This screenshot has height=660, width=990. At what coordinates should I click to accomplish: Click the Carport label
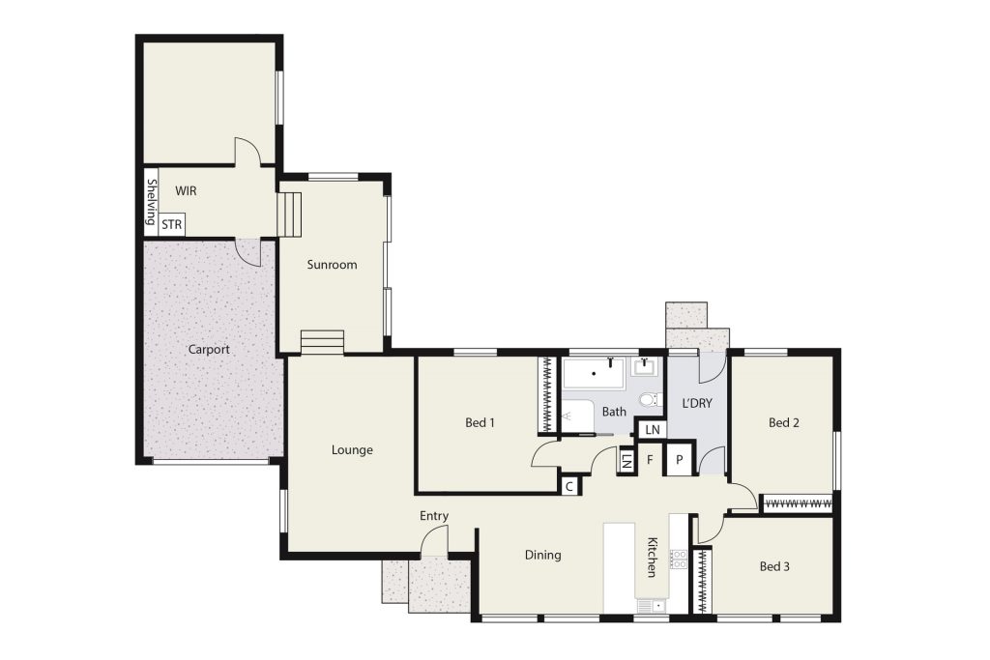point(209,350)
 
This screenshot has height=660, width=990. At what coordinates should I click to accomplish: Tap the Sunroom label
point(333,265)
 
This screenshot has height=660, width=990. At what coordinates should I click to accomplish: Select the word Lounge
point(352,450)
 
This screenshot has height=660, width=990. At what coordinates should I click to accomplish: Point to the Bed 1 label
point(480,422)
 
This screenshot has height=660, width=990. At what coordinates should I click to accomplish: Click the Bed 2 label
point(784,422)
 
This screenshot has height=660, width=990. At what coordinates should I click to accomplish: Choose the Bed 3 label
point(774,566)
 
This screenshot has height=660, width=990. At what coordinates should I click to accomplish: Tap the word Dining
point(543,556)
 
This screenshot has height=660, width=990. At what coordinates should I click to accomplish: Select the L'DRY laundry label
point(697,404)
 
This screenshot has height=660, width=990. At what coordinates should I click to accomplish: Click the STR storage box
point(172,224)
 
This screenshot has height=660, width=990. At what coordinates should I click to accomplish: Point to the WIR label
point(186,191)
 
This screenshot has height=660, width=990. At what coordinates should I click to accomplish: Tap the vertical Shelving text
point(152,202)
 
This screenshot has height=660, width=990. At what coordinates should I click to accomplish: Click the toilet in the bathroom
point(650,399)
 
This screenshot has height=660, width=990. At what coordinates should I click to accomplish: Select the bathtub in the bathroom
point(594,374)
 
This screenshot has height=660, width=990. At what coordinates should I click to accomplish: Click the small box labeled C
point(569,486)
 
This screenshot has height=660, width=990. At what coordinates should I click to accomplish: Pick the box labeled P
point(680,460)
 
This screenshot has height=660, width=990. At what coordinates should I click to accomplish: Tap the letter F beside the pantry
point(650,460)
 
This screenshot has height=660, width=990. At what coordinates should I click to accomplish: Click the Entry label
point(434,516)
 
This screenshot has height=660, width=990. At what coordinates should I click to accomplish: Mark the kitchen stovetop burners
point(678,560)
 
